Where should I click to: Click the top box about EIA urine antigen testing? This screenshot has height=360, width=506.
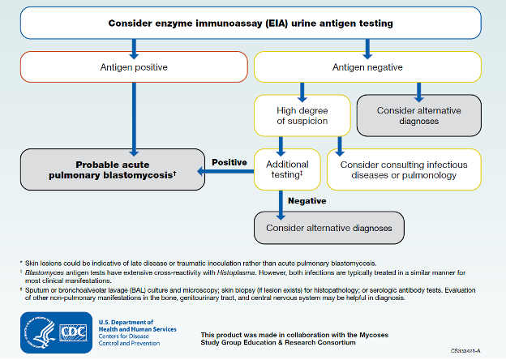click(x=251, y=24)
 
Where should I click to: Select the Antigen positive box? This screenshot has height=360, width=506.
click(x=133, y=66)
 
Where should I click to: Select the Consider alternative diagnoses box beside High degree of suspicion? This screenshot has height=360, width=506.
click(x=419, y=114)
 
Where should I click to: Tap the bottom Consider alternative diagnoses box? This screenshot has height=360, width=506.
click(x=328, y=228)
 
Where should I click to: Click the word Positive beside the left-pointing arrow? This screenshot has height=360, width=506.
click(x=229, y=162)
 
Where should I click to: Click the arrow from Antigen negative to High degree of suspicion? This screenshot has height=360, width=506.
click(x=302, y=88)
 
